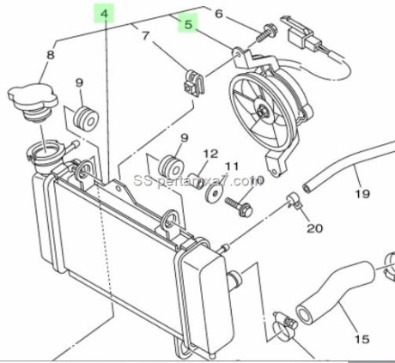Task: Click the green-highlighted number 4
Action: [x=104, y=14]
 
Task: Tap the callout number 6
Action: [x=218, y=14]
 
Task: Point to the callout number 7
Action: [x=145, y=36]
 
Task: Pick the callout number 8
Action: [x=50, y=56]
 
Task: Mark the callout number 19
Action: [x=362, y=193]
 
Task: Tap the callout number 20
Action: [x=313, y=228]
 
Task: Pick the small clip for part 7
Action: [x=191, y=82]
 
